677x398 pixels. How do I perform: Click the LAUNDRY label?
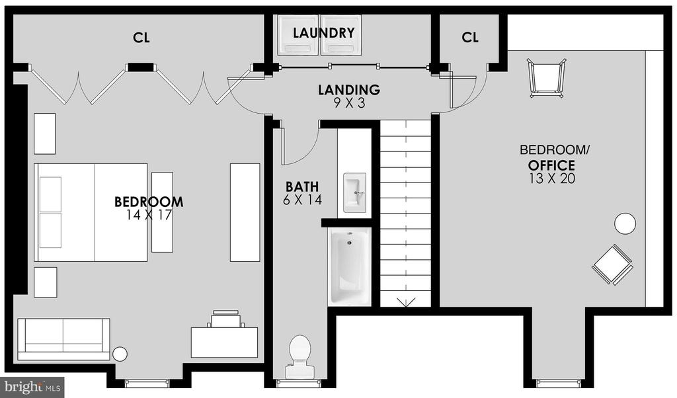click(323, 33)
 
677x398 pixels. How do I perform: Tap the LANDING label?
click(349, 90)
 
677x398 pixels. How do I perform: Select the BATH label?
click(302, 187)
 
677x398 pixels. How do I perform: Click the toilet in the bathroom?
click(299, 356)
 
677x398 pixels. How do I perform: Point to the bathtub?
click(350, 266)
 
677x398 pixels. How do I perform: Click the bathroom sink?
click(354, 192)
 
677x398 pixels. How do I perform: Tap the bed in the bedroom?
click(91, 212)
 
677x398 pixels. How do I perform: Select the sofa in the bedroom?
click(63, 339)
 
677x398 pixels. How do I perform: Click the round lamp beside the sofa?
click(120, 354)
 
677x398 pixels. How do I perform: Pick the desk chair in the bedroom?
click(225, 319)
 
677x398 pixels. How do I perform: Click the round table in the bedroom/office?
click(625, 224)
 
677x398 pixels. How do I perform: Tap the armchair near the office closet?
click(547, 78)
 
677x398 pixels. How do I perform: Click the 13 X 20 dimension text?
click(552, 179)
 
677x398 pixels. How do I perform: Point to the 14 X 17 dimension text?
click(149, 215)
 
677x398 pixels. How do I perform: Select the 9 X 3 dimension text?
click(349, 103)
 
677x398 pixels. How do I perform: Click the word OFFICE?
click(551, 165)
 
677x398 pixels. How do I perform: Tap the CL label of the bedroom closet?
click(141, 38)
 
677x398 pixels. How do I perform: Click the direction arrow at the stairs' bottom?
click(406, 301)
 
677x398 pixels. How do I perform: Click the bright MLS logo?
click(32, 387)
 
